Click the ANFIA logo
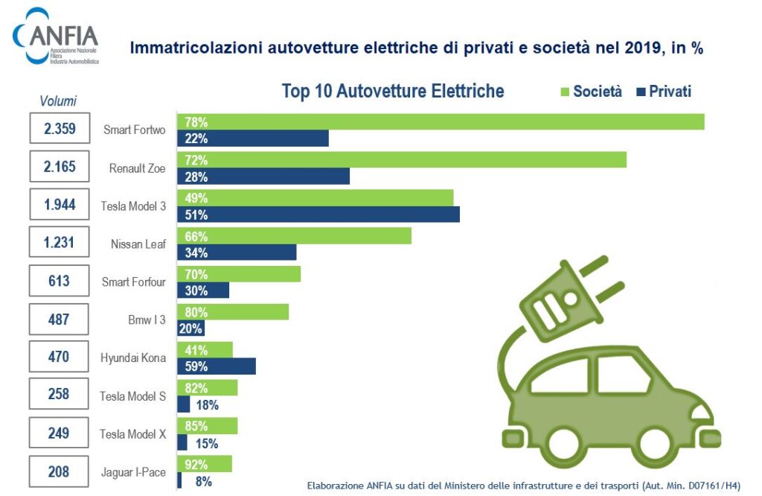point(56,36)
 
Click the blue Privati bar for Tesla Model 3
point(318,214)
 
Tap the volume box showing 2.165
point(60,166)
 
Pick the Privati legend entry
point(664,92)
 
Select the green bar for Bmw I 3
point(232,312)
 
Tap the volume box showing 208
point(60,471)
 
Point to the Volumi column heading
point(58,101)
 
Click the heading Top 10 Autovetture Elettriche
point(393,92)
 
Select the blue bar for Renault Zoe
point(263,177)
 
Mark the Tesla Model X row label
point(133,434)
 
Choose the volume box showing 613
point(60,281)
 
